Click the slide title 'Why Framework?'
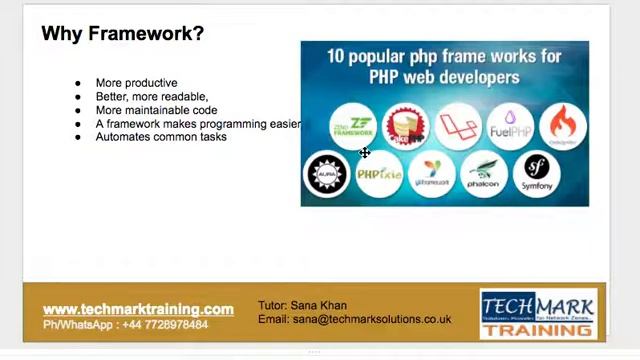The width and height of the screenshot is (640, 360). pos(122,34)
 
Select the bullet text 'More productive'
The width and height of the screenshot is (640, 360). pos(136,83)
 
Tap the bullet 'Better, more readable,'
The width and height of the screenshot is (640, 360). pos(152,96)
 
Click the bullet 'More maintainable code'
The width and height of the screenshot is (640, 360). pos(156,110)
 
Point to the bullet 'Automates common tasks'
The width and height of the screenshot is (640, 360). pos(161,136)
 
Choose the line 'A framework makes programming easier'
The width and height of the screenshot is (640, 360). pos(197,123)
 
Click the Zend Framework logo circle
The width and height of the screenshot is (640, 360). pos(353,127)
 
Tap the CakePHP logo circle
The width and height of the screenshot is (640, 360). pos(406,127)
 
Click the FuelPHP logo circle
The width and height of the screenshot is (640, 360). pos(510,127)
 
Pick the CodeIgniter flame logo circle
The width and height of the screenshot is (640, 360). pos(562,127)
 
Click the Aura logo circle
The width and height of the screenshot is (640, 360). pos(326,174)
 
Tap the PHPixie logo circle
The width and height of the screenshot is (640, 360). pos(379,174)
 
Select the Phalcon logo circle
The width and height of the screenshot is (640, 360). pos(484,174)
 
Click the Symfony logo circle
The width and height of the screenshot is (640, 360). pos(537,174)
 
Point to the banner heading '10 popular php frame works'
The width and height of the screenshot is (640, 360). pos(444,66)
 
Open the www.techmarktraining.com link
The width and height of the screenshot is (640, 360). pos(138,309)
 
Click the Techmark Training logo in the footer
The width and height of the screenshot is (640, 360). pos(538,314)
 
